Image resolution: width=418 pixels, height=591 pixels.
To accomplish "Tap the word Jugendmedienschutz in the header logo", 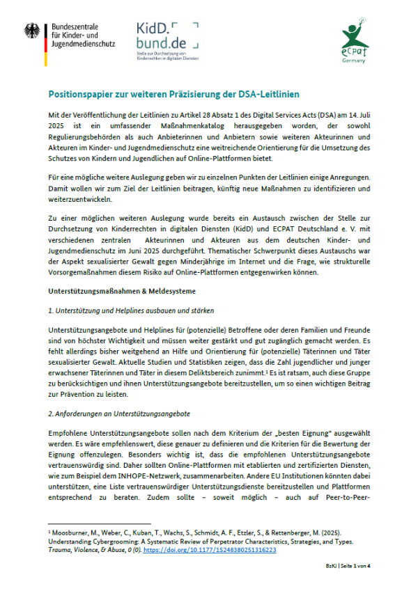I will pos(82,44).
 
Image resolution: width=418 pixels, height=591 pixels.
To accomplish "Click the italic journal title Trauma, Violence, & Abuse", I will pos(88,549).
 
